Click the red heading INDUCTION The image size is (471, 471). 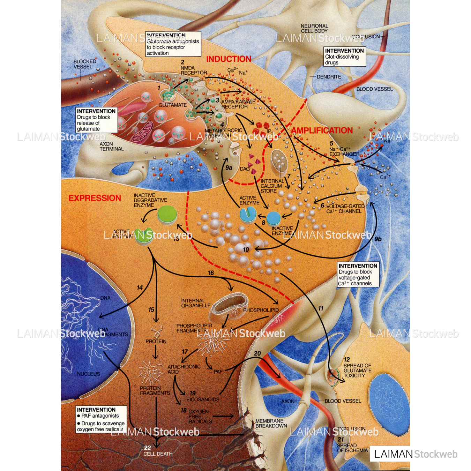pyautogui.click(x=229, y=59)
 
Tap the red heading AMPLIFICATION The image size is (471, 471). pyautogui.click(x=322, y=130)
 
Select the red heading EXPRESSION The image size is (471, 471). pyautogui.click(x=95, y=198)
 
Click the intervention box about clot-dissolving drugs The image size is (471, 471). pyautogui.click(x=345, y=57)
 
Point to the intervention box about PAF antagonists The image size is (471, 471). pyautogui.click(x=101, y=419)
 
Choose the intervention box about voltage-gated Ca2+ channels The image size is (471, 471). pyautogui.click(x=358, y=275)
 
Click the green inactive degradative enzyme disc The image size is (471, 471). pyautogui.click(x=167, y=214)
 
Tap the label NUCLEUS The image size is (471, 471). pyautogui.click(x=88, y=374)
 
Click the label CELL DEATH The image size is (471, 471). pyautogui.click(x=158, y=454)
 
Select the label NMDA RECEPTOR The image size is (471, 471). pyautogui.click(x=194, y=70)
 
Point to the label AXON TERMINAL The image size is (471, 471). pyautogui.click(x=111, y=146)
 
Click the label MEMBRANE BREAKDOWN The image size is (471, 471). pyautogui.click(x=271, y=423)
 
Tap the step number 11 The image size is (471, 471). pyautogui.click(x=321, y=308)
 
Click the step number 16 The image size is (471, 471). pyautogui.click(x=211, y=273)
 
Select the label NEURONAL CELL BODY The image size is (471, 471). pyautogui.click(x=314, y=28)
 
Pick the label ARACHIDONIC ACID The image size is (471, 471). pyautogui.click(x=184, y=369)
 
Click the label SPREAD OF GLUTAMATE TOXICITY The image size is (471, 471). pyautogui.click(x=357, y=371)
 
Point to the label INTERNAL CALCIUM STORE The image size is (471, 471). pyautogui.click(x=272, y=186)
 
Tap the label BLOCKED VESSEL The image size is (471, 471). pyautogui.click(x=84, y=64)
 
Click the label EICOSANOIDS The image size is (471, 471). pyautogui.click(x=203, y=399)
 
